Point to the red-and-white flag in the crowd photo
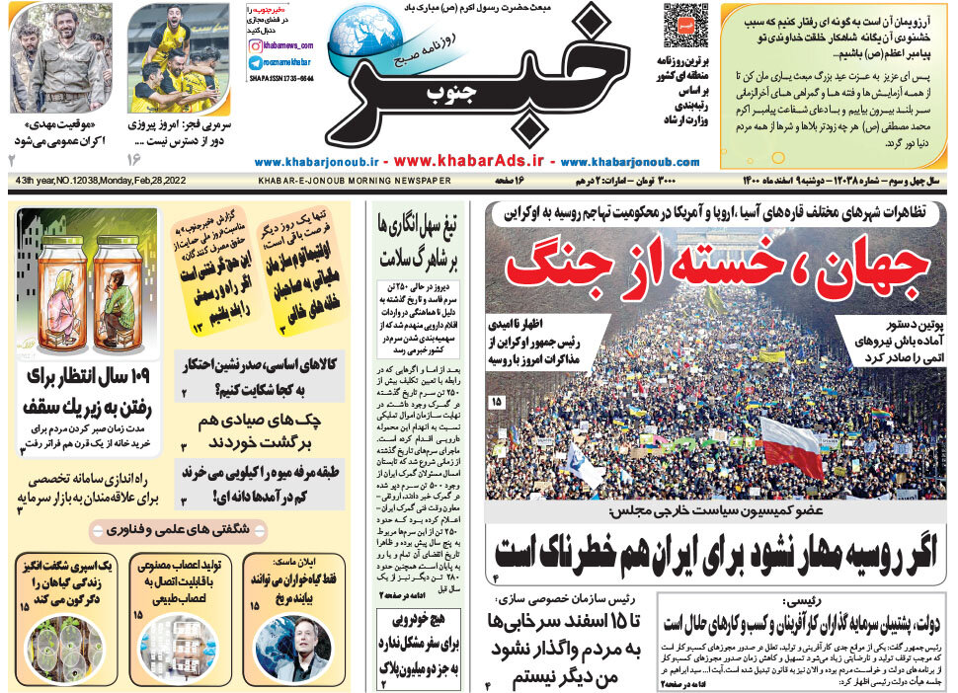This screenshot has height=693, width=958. pyautogui.click(x=791, y=446)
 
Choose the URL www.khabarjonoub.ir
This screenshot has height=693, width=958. pyautogui.click(x=317, y=161)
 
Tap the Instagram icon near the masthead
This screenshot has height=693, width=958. pyautogui.click(x=255, y=45)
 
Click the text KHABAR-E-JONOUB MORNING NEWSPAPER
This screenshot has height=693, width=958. pyautogui.click(x=355, y=181)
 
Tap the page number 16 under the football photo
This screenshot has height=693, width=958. pyautogui.click(x=134, y=158)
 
